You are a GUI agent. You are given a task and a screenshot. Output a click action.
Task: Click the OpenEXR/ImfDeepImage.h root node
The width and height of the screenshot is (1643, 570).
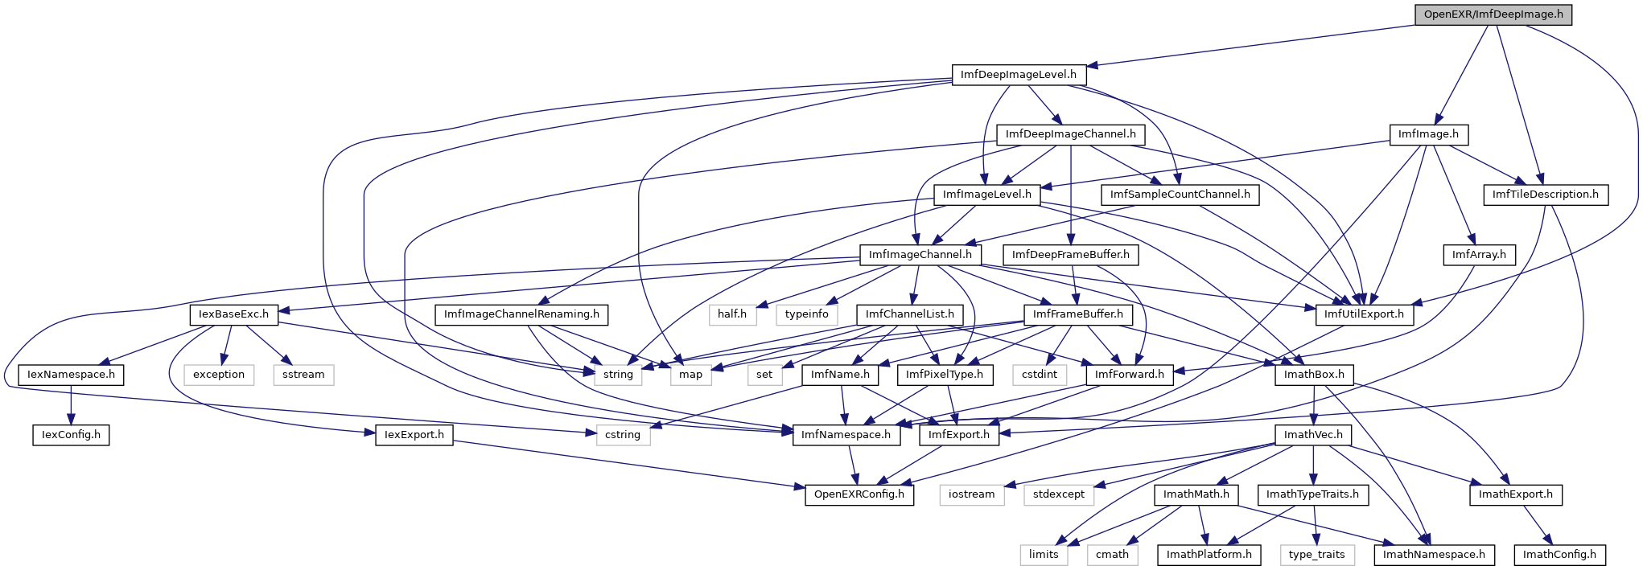[x=1493, y=14]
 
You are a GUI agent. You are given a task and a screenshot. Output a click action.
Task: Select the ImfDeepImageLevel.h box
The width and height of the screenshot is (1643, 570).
[x=1019, y=75]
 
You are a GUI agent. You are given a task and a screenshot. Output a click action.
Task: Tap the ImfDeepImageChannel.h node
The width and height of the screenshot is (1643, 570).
[x=1071, y=134]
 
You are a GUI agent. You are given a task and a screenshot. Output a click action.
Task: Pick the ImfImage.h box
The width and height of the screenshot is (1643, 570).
[x=1428, y=134]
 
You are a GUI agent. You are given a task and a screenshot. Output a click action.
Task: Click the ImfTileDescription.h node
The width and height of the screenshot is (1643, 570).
[x=1546, y=195]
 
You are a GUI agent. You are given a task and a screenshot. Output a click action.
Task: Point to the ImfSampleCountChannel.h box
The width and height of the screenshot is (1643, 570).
[x=1180, y=195]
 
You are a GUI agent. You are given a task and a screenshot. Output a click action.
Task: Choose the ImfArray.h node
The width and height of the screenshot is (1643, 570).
[x=1479, y=255]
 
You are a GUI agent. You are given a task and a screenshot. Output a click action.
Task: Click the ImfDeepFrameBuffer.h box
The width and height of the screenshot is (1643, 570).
[x=1071, y=255]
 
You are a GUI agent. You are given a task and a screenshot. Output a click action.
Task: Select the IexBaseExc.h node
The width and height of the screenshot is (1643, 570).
[x=234, y=314]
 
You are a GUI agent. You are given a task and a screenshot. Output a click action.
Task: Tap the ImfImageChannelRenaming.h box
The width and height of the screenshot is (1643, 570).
[x=521, y=314]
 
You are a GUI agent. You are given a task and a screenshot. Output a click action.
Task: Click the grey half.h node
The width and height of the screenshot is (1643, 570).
[x=732, y=314]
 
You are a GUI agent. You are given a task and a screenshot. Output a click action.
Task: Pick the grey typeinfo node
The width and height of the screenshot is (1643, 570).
[x=807, y=314]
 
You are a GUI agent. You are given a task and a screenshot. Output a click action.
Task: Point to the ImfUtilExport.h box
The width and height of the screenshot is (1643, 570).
[x=1364, y=314]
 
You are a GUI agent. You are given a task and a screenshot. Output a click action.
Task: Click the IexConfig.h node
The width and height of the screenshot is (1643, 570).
[x=72, y=435]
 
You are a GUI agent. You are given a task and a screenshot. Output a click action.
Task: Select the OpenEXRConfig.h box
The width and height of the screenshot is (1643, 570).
[x=859, y=494]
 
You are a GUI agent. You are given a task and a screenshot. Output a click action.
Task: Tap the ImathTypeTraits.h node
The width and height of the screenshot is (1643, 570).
[x=1312, y=494]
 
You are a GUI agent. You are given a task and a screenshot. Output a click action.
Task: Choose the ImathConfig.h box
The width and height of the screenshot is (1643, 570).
[x=1559, y=555]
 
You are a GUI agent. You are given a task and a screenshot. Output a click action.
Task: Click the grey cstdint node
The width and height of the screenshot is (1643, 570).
[x=1040, y=375]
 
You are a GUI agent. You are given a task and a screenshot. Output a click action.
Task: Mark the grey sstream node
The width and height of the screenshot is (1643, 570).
[x=303, y=375]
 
